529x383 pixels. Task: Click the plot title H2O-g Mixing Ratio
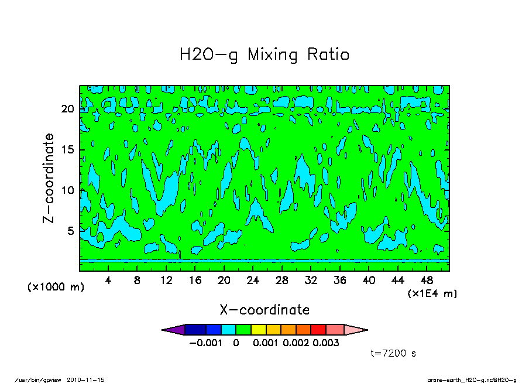point(264,55)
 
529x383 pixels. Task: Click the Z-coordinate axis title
point(49,178)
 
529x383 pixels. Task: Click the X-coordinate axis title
point(264,309)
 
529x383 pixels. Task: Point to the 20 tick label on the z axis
point(67,109)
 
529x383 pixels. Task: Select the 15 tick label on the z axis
point(67,149)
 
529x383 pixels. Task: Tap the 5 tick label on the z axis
point(70,231)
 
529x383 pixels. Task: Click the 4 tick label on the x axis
point(108,281)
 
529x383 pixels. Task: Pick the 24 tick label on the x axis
point(253,281)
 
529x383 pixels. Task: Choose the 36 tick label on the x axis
point(339,281)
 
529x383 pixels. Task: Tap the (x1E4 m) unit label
point(432,293)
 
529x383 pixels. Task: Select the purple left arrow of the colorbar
point(173,330)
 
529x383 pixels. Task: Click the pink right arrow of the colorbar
point(355,330)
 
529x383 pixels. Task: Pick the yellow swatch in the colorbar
point(258,330)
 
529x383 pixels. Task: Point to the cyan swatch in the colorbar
point(228,330)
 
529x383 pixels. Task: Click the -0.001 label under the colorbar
point(206,343)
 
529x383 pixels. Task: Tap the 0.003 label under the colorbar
point(326,343)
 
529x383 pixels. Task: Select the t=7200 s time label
point(393,353)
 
